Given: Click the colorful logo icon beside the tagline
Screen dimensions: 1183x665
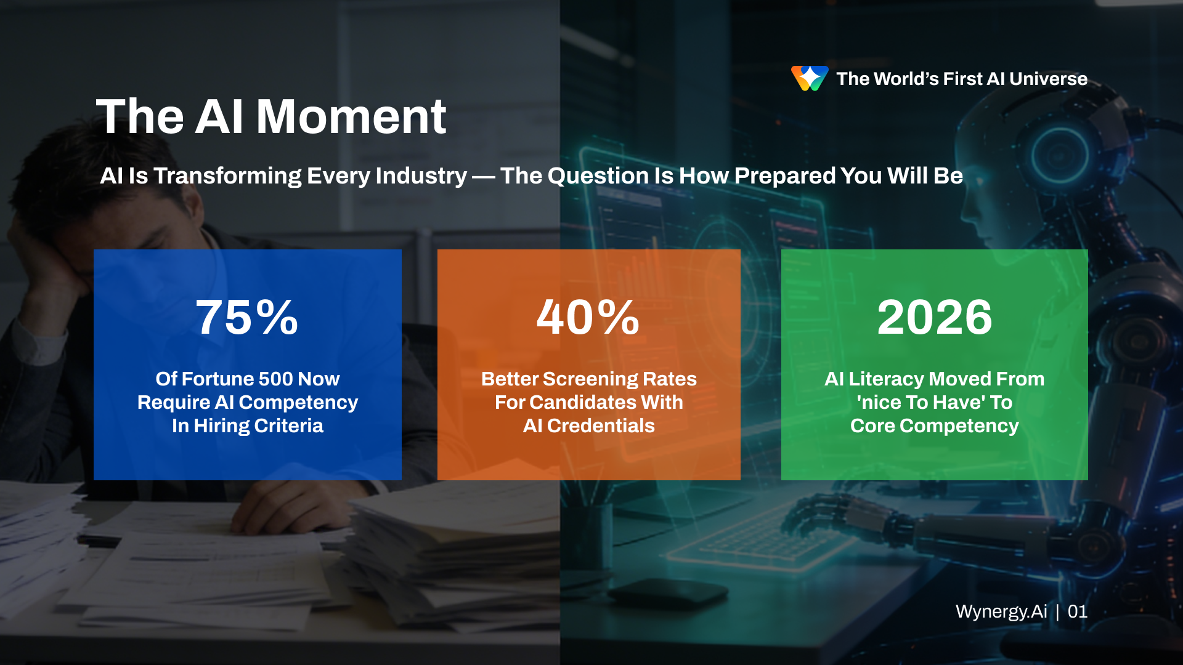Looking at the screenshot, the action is click(x=810, y=78).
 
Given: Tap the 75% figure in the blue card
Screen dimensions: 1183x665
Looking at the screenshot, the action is click(x=247, y=318).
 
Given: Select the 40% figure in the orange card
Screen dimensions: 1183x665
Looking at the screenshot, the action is click(x=588, y=318).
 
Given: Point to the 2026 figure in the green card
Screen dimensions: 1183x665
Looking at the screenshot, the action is click(x=935, y=318).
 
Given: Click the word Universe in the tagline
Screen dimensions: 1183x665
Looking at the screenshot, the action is click(x=1048, y=79).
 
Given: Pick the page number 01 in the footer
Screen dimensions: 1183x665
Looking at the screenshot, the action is click(x=1078, y=611).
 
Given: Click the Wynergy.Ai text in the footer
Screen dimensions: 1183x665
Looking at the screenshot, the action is click(x=1001, y=611).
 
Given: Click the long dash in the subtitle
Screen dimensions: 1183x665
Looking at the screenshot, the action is click(x=484, y=177).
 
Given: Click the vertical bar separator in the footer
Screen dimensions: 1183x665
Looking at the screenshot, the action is click(x=1057, y=612).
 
